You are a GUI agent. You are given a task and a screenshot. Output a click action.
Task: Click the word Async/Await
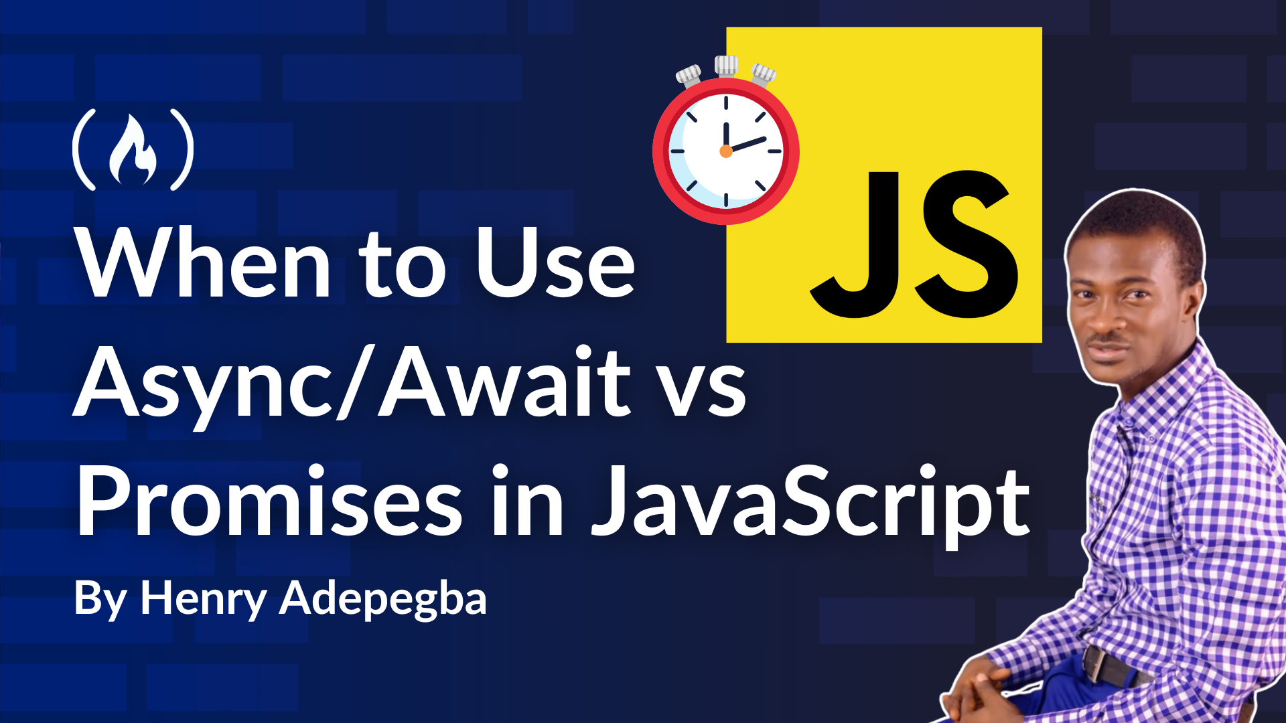coord(352,383)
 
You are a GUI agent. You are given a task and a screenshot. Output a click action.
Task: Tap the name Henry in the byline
coord(204,599)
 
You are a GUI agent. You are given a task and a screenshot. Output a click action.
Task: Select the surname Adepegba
coord(382,599)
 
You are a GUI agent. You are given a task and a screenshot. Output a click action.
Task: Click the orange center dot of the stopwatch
coord(726,151)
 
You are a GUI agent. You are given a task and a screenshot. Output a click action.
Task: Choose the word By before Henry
coord(100,599)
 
